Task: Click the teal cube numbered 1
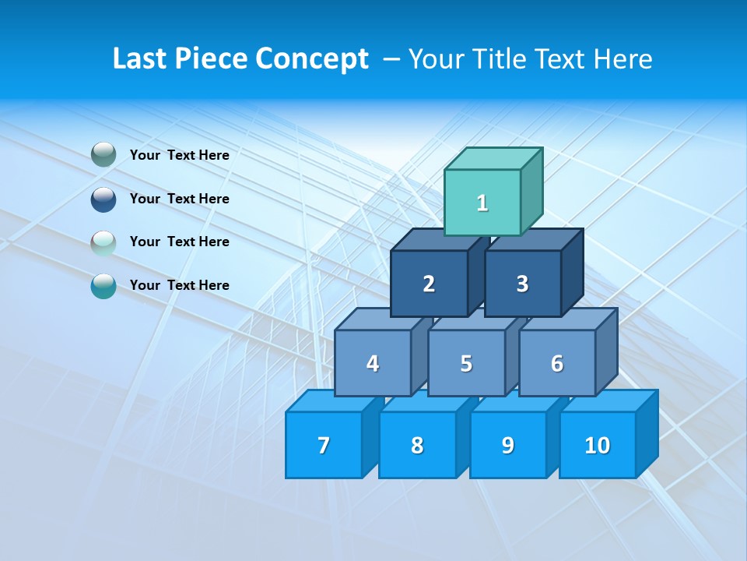(482, 203)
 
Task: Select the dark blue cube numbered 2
(429, 284)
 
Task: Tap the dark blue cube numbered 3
(522, 284)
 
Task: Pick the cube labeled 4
(373, 363)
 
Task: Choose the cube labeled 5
(466, 363)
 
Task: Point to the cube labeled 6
(557, 363)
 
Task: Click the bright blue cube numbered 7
(324, 445)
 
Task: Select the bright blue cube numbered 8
(417, 445)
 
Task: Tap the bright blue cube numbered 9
(508, 445)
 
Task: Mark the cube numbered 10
(598, 445)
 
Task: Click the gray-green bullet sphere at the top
(103, 155)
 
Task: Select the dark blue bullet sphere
(103, 199)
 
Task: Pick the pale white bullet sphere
(103, 243)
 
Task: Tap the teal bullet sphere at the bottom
(103, 286)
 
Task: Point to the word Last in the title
(140, 59)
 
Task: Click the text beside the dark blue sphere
(179, 199)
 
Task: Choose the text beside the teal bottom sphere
(179, 285)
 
